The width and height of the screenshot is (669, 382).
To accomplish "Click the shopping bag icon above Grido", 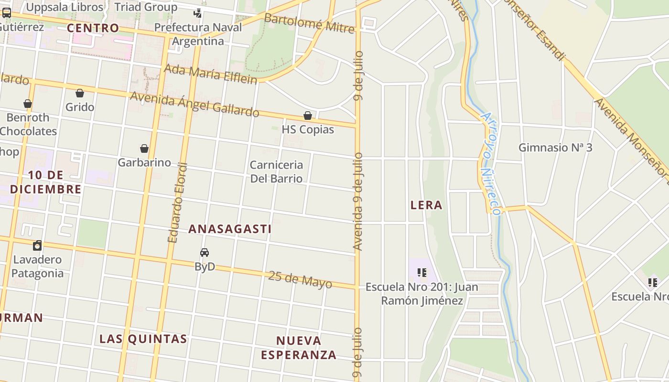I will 80,93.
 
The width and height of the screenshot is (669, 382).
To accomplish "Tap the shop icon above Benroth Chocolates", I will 28,104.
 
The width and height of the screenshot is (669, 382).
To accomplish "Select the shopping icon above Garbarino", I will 144,149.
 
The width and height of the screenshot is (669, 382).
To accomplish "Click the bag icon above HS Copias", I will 308,116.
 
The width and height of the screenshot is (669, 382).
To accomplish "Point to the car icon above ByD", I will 205,252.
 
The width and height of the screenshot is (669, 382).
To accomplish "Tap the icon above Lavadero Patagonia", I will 37,245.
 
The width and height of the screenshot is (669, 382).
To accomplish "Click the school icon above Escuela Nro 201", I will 421,273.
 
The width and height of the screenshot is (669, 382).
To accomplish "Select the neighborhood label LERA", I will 426,205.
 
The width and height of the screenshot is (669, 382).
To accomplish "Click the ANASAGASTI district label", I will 230,229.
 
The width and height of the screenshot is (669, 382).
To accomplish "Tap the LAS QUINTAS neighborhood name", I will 143,339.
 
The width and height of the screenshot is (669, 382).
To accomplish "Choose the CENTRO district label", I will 93,28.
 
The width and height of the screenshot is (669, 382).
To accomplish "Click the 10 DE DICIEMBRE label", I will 45,182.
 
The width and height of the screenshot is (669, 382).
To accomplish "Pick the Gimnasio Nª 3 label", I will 555,148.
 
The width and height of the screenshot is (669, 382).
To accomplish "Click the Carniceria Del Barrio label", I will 276,171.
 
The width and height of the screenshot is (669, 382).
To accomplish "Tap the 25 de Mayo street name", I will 300,279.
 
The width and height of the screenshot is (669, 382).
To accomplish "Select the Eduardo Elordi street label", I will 177,203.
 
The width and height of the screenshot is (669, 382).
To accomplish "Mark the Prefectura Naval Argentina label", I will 198,34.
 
